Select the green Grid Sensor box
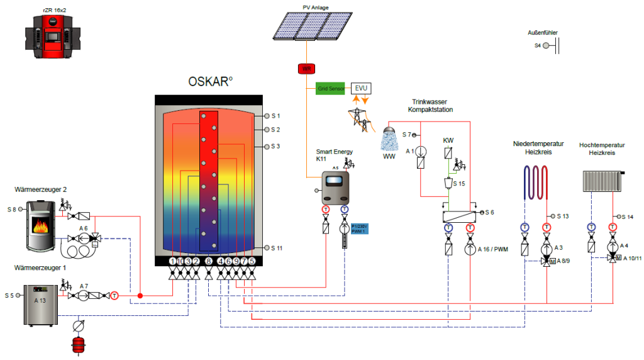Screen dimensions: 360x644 330,89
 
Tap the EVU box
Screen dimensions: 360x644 361,88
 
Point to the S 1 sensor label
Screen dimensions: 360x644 275,116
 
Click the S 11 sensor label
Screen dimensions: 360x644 277,248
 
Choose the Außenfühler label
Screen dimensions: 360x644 543,33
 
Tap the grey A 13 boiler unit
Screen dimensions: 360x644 42,304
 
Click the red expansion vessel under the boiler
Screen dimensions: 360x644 79,344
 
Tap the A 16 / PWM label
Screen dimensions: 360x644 492,249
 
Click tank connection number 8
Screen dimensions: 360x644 208,261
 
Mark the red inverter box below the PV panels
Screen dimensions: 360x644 306,68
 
